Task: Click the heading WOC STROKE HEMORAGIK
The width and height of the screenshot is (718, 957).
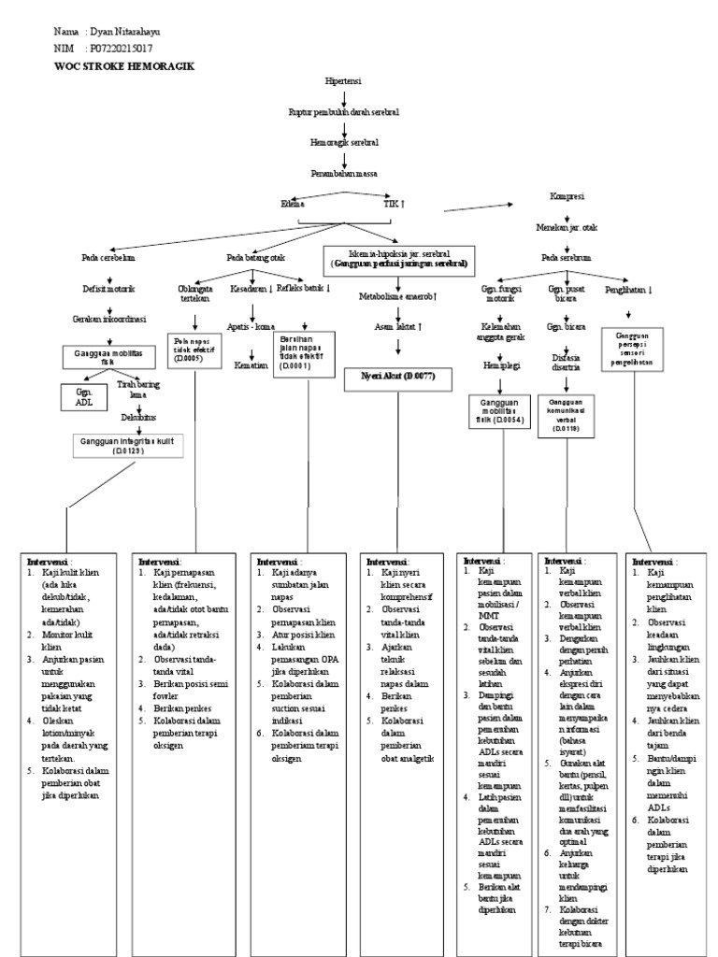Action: (x=124, y=67)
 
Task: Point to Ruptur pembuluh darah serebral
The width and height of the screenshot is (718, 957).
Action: (x=344, y=112)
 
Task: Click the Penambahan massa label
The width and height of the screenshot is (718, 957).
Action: (x=344, y=173)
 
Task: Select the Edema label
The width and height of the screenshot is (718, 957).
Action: (x=294, y=203)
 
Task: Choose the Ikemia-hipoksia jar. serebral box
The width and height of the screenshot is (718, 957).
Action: (x=398, y=258)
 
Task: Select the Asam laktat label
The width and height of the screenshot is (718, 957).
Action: (x=399, y=326)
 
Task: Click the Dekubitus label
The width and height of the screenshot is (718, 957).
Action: (x=137, y=417)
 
